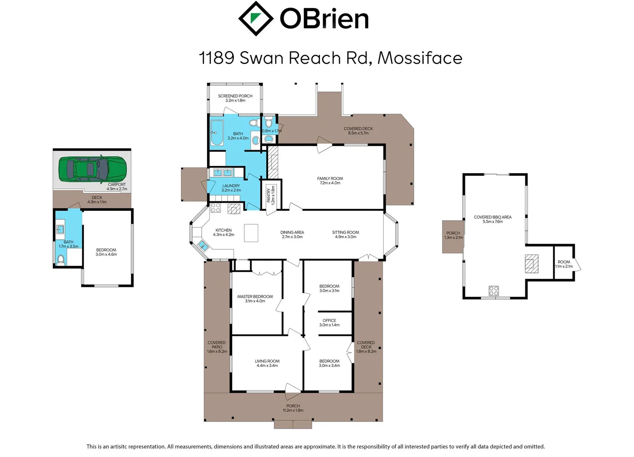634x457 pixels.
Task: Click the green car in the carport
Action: pos(92,170)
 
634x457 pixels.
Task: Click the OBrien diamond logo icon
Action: pos(255,19)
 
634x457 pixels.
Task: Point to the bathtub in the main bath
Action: pos(217,132)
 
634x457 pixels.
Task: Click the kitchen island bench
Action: pos(251,233)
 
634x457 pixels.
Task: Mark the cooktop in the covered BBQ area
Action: pos(494,291)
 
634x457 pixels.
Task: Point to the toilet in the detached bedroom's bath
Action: pos(61,259)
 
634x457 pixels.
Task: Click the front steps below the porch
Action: pos(293,424)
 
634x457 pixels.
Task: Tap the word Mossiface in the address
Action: pos(420,58)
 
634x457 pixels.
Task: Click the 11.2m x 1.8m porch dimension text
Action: pos(293,410)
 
